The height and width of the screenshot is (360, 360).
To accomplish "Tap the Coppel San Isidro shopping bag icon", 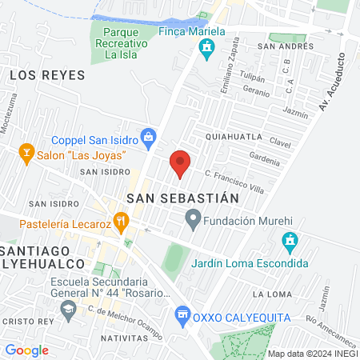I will coord(148,137).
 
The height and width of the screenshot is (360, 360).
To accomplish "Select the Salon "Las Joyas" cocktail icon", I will coord(27,153).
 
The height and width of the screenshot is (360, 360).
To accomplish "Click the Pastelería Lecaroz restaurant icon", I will coord(120,218).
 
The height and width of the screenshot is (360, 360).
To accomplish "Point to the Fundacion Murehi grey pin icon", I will coord(193,217).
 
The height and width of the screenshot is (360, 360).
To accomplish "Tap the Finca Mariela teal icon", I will coord(207,48).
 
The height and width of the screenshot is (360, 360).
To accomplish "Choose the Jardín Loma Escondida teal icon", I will coord(290,240).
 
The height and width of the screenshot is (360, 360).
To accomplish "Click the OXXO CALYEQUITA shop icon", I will coord(184,315).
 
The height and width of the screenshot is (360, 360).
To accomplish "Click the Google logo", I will coord(26,350).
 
